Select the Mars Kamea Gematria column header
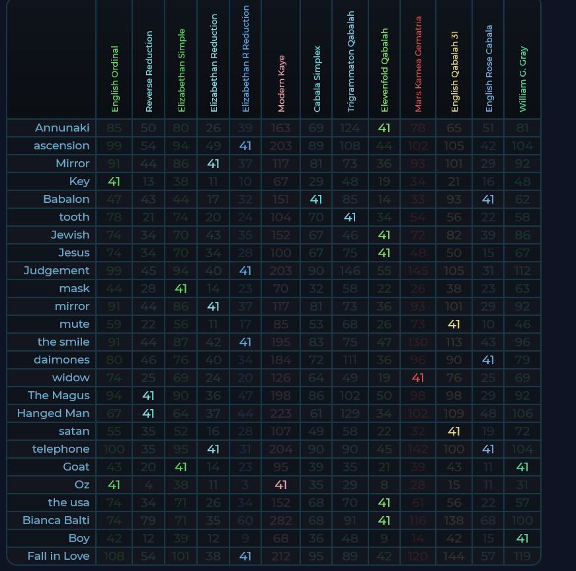click(418, 64)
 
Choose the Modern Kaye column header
click(282, 83)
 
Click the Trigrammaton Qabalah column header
click(350, 61)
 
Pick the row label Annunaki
click(62, 128)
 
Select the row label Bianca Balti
click(56, 520)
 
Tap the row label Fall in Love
click(58, 556)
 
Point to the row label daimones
click(62, 360)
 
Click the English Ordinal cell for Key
click(114, 181)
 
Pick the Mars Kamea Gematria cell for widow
click(418, 377)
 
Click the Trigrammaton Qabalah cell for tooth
click(350, 217)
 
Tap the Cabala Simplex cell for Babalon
click(316, 199)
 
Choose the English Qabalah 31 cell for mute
click(454, 324)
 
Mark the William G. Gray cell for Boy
click(522, 538)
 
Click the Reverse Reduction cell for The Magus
click(148, 395)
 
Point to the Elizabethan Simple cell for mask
click(181, 288)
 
